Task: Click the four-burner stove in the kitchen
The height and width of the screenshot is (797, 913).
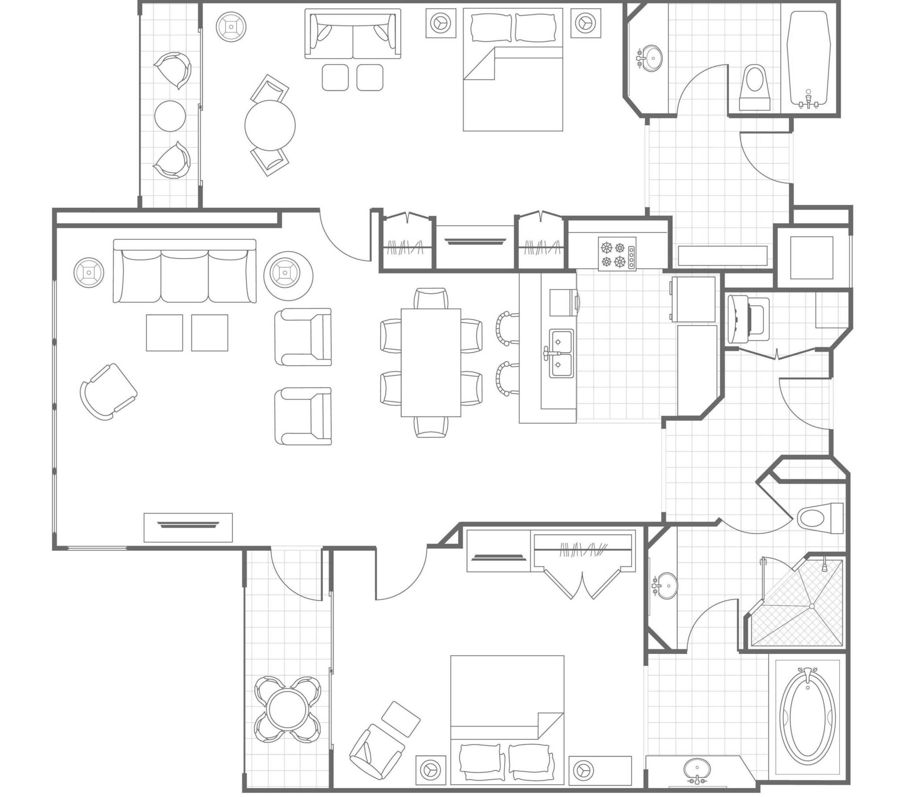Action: (617, 253)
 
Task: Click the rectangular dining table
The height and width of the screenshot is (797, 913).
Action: (431, 362)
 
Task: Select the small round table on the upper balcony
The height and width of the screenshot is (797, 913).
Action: (170, 116)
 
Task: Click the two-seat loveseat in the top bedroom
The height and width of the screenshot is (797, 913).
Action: (353, 35)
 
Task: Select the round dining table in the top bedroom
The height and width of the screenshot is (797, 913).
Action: (270, 125)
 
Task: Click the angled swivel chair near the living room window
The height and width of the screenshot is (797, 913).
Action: (108, 391)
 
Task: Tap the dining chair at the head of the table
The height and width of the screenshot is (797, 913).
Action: (430, 297)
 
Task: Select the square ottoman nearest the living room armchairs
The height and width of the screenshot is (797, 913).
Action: (210, 333)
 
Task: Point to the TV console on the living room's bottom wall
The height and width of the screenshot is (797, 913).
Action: (188, 528)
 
